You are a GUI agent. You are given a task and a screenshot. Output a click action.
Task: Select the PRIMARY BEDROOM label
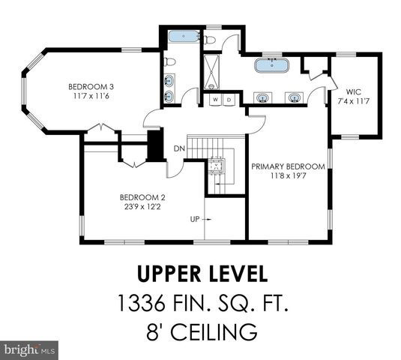click(288, 166)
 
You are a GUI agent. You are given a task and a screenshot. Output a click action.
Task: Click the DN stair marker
click(180, 148)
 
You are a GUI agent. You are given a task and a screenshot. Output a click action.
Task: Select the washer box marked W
click(215, 99)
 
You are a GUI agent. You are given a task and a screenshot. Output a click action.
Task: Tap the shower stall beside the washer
click(214, 72)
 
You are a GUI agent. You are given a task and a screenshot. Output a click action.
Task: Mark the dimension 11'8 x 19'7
click(288, 175)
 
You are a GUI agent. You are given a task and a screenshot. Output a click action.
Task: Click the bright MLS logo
click(30, 349)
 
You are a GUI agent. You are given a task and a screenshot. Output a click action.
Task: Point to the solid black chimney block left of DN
click(155, 144)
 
